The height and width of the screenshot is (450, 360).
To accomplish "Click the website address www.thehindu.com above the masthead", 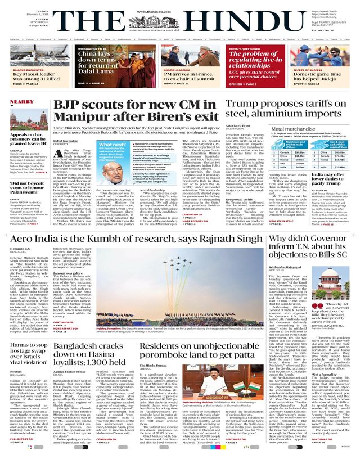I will tap(180, 4).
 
